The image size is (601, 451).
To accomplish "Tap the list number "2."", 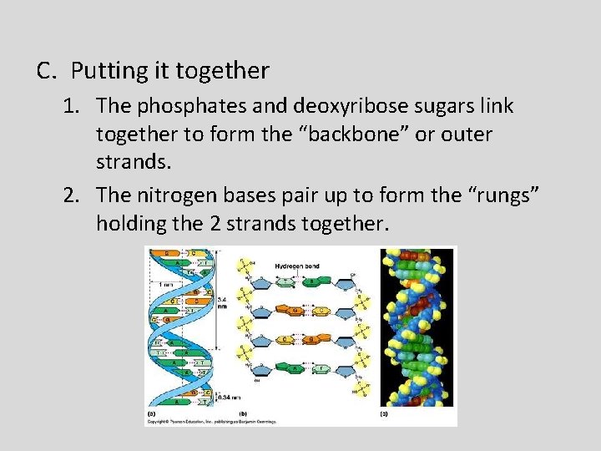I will click(x=74, y=195).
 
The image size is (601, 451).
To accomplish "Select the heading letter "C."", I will click(x=47, y=72).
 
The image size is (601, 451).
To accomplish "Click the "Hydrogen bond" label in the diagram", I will click(x=297, y=266).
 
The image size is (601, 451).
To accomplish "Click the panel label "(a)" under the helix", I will click(x=150, y=413).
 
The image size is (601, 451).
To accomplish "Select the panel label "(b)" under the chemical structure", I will click(x=242, y=413).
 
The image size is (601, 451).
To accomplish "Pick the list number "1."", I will click(x=74, y=106).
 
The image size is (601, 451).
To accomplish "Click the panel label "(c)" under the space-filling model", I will click(x=384, y=413).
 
